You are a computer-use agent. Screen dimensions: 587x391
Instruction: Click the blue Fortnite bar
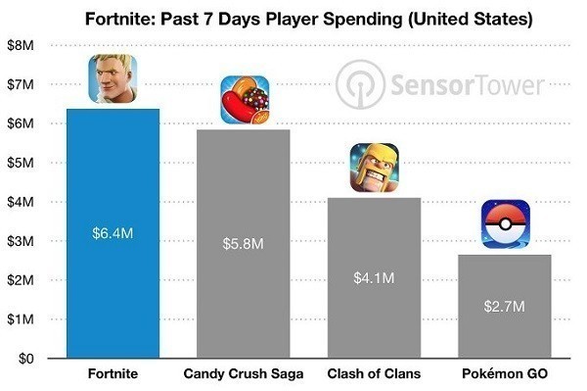(113, 233)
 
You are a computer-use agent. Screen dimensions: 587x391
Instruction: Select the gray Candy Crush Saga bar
(244, 244)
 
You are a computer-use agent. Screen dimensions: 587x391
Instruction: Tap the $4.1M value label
(374, 278)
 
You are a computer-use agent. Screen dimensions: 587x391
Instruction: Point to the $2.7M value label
(504, 307)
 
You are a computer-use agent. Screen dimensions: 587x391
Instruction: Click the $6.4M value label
(113, 233)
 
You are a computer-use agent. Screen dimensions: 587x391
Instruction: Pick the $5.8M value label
(243, 244)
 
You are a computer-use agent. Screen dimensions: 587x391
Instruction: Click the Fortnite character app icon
(113, 78)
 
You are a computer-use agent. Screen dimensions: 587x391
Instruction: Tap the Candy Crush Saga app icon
(245, 100)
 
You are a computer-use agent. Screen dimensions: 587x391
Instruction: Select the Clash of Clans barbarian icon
(375, 168)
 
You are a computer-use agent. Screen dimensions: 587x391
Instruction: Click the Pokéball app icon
(506, 224)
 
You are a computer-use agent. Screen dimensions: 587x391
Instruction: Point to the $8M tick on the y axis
(21, 45)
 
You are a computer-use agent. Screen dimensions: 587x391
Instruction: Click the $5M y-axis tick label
(21, 163)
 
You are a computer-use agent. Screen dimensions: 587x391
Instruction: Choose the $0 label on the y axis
(26, 359)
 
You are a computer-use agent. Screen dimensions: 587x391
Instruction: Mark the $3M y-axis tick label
(21, 241)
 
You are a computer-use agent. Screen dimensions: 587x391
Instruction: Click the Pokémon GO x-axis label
(505, 373)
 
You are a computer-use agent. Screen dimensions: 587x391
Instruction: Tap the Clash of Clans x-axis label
(374, 373)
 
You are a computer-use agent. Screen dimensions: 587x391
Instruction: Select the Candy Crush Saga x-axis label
(244, 373)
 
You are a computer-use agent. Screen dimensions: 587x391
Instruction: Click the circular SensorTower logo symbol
(360, 84)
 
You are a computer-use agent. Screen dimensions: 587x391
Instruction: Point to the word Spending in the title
(363, 19)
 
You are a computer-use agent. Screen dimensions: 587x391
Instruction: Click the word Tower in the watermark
(508, 85)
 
